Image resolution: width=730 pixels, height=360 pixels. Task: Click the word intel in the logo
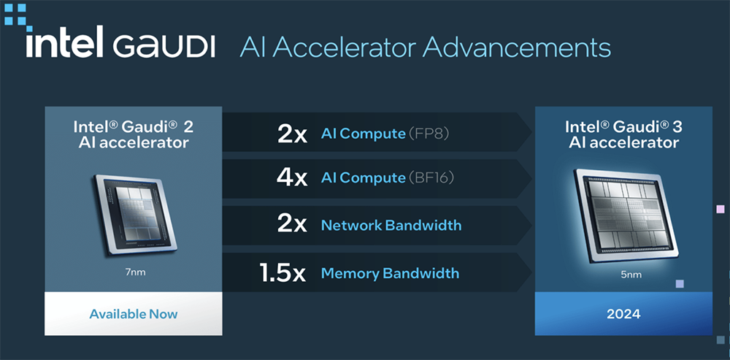[x=64, y=42]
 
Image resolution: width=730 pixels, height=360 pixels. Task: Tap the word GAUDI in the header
[x=164, y=47]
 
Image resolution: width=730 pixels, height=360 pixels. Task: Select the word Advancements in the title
[x=516, y=47]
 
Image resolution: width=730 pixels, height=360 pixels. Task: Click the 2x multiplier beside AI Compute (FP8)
[x=292, y=134]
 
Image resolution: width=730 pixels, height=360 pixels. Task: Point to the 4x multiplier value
[x=292, y=178]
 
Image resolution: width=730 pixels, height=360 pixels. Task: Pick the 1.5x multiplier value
[x=283, y=273]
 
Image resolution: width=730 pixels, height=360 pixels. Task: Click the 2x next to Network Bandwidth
[x=292, y=226]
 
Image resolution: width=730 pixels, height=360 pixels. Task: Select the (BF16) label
[x=431, y=178]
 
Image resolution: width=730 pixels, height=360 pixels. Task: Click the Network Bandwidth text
[x=391, y=226]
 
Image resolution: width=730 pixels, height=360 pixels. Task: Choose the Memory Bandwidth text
[x=390, y=273]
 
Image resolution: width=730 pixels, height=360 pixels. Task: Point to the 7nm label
[x=134, y=272]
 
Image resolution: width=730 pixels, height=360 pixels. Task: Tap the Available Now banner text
[x=134, y=314]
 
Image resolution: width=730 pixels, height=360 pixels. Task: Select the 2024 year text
[x=623, y=314]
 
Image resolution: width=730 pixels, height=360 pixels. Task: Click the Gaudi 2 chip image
[x=134, y=214]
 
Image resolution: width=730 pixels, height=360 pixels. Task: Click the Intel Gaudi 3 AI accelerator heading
[x=623, y=134]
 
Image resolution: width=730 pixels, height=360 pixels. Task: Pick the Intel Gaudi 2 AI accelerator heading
[x=134, y=134]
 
